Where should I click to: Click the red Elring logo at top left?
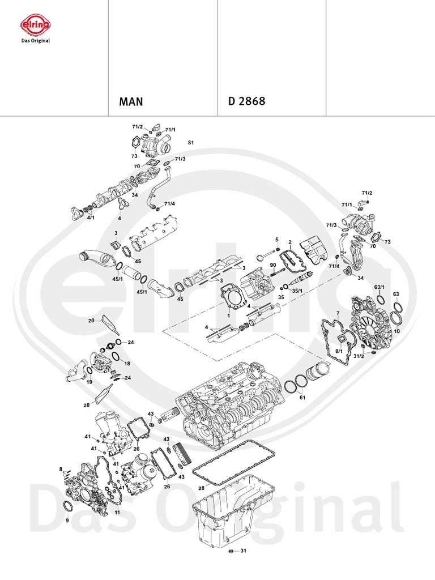pyautogui.click(x=36, y=24)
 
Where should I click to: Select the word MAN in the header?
pyautogui.click(x=131, y=103)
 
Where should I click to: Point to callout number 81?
pyautogui.click(x=191, y=143)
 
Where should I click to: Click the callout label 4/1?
pyautogui.click(x=91, y=217)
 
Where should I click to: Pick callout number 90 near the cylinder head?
pyautogui.click(x=272, y=265)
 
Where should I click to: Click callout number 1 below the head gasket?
pyautogui.click(x=228, y=315)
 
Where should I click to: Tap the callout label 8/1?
pyautogui.click(x=339, y=351)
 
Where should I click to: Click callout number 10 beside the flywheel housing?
pyautogui.click(x=397, y=330)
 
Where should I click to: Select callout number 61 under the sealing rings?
pyautogui.click(x=302, y=398)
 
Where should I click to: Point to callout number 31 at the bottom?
pyautogui.click(x=243, y=551)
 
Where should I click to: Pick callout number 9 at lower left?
pyautogui.click(x=67, y=520)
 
